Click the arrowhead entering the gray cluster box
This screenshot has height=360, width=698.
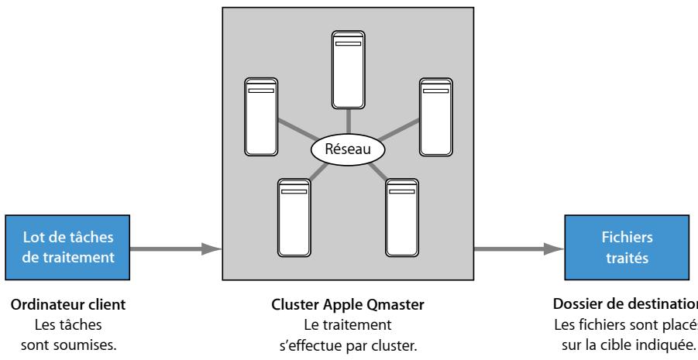212,249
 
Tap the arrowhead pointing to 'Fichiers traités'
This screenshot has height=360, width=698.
553,249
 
